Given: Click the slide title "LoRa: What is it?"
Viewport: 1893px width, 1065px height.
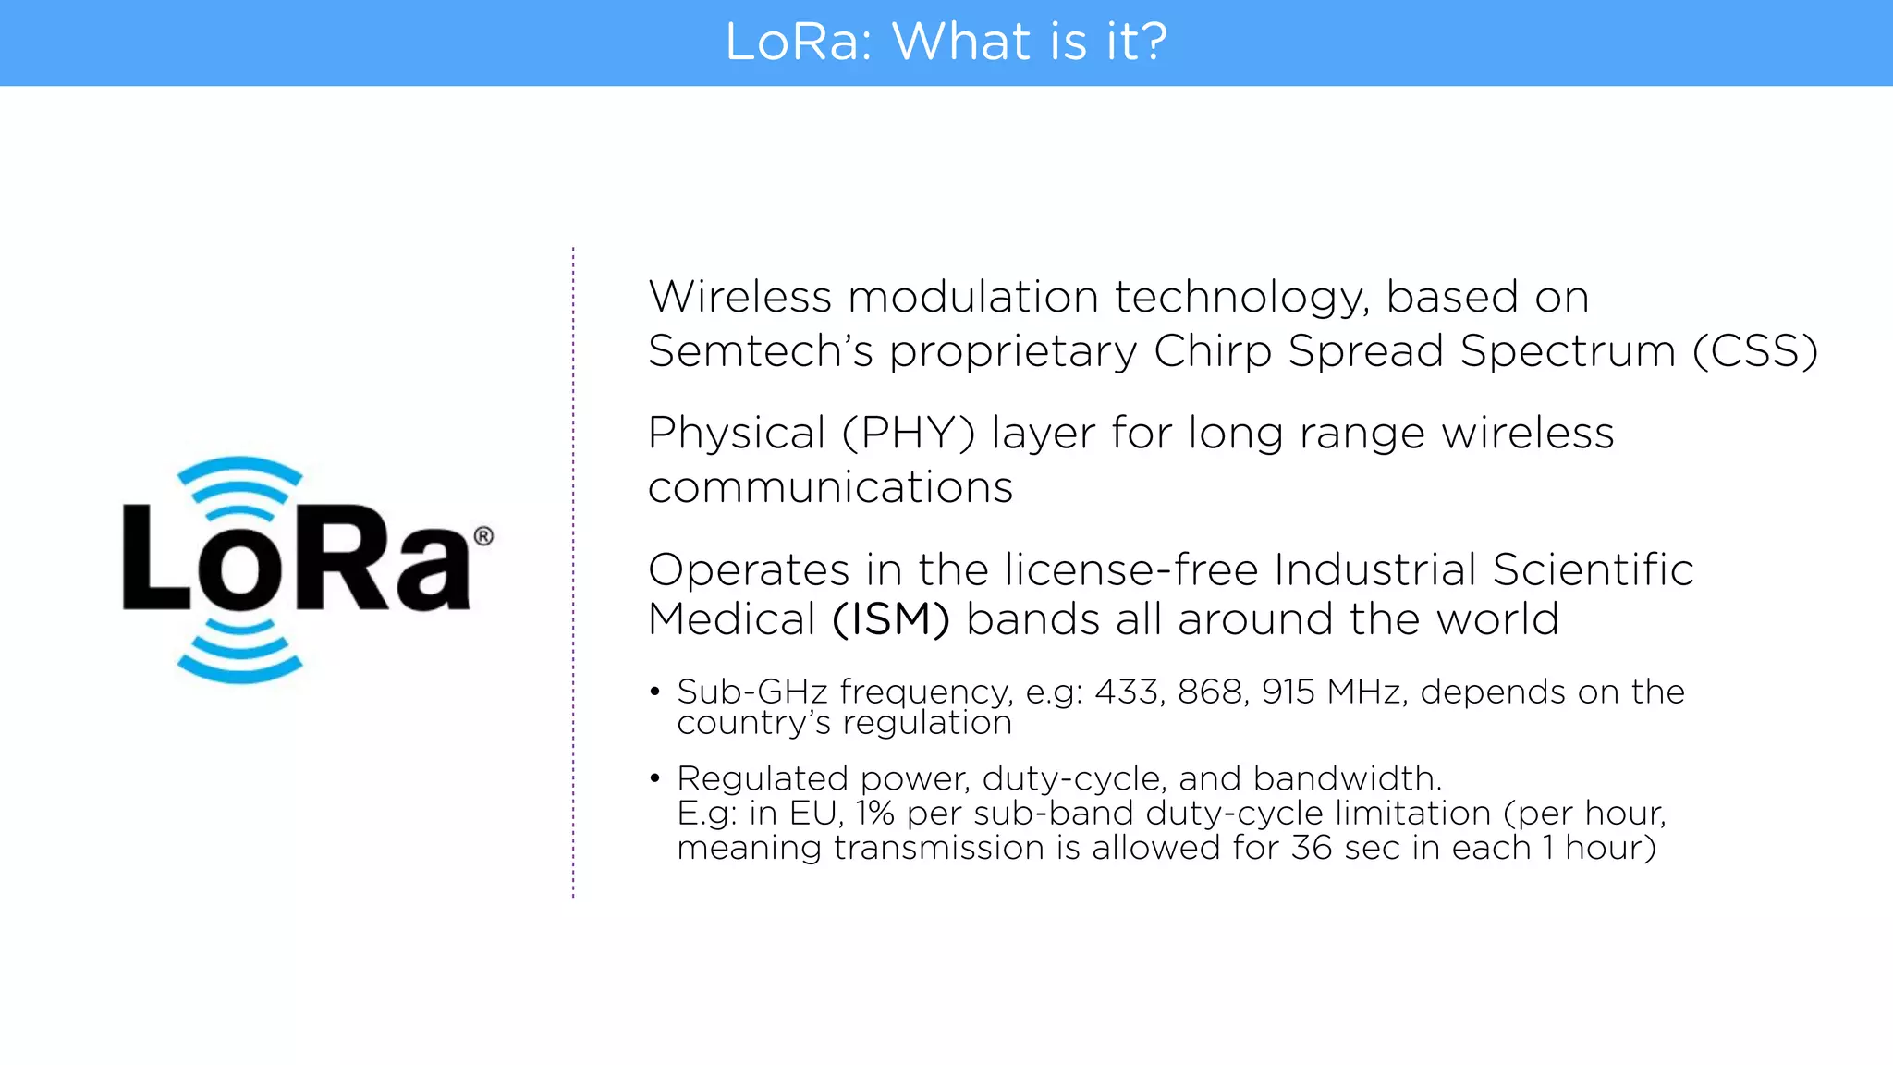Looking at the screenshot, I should point(946,43).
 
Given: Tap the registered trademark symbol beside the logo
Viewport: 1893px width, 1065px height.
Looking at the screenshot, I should point(483,536).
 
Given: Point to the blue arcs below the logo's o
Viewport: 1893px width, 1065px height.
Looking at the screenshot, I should point(239,653).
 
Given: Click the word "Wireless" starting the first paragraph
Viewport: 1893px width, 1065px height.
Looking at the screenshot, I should point(739,298).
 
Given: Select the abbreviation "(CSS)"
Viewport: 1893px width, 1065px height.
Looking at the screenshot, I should point(1754,351).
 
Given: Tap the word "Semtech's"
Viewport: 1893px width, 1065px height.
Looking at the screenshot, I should point(760,351).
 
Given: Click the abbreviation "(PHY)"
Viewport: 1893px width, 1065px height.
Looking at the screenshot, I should point(908,434).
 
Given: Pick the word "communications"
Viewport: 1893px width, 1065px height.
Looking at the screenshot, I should point(830,487).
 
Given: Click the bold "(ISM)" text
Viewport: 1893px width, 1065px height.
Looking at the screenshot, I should point(890,619).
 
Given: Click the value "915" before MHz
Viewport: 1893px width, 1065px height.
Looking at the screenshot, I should point(1288,692).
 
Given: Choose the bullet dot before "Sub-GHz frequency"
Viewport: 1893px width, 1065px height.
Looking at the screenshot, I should point(654,692).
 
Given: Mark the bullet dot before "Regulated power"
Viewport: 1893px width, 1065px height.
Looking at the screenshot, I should point(654,778).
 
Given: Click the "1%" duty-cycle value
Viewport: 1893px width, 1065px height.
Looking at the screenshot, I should point(874,814).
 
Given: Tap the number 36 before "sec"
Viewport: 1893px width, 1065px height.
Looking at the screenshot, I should point(1312,848).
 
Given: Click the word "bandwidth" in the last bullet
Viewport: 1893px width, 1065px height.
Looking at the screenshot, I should point(1342,778).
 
